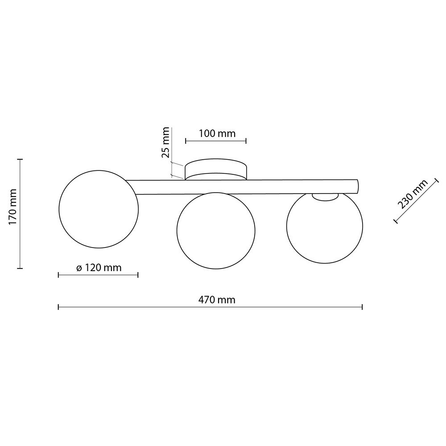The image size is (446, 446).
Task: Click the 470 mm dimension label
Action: click(x=217, y=300)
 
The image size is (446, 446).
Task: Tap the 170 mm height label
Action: click(x=13, y=207)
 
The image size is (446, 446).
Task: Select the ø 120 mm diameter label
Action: click(x=99, y=268)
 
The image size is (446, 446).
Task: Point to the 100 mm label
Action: click(x=217, y=133)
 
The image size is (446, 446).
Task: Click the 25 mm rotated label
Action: click(x=165, y=143)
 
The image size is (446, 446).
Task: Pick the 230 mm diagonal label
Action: click(x=413, y=194)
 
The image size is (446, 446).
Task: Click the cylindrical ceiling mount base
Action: click(x=216, y=169)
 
